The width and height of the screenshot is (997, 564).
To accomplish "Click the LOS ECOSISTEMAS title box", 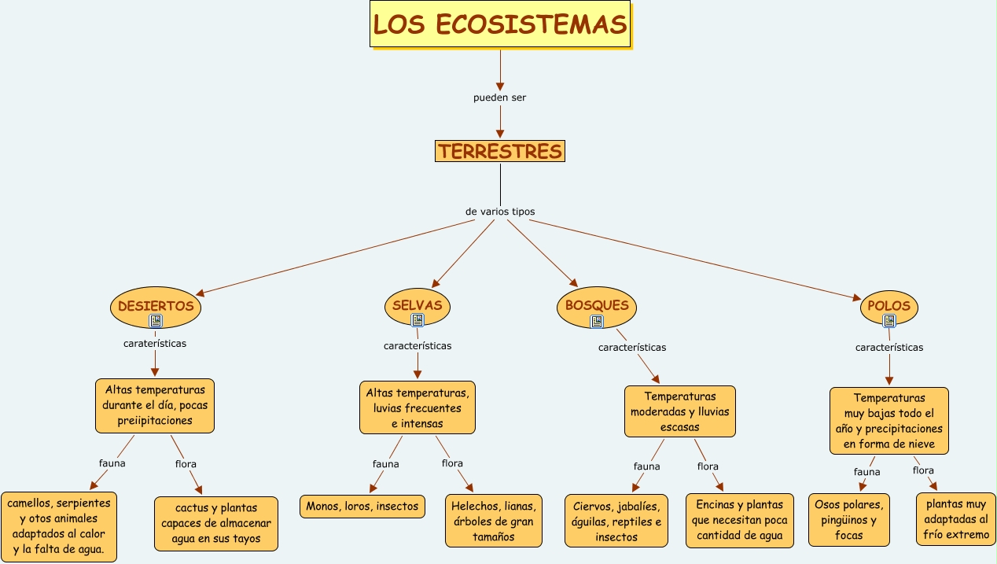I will [x=500, y=24].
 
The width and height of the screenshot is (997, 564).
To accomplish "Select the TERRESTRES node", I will [x=500, y=151].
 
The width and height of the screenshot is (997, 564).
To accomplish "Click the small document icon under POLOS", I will [x=889, y=321].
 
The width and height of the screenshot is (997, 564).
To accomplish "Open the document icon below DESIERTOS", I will [x=156, y=320].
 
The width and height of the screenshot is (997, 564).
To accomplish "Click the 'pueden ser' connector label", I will [x=499, y=98].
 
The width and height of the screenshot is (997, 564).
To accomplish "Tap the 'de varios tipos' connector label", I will [x=500, y=212].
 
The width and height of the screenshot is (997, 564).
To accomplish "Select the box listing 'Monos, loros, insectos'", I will [x=362, y=506].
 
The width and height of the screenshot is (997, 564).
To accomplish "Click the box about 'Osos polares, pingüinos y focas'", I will [x=849, y=520].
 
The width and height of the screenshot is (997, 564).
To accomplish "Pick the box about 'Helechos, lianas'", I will [x=494, y=521].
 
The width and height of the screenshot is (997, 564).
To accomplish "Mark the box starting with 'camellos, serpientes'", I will [x=59, y=526].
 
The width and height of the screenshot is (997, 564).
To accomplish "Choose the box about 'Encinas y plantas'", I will [x=739, y=520].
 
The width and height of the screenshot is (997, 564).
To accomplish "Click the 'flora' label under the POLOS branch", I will [x=923, y=470].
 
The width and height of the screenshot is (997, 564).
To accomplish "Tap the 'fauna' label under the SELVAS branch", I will [x=385, y=464].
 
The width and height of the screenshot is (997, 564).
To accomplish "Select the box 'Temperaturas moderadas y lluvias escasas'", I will [x=680, y=411].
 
